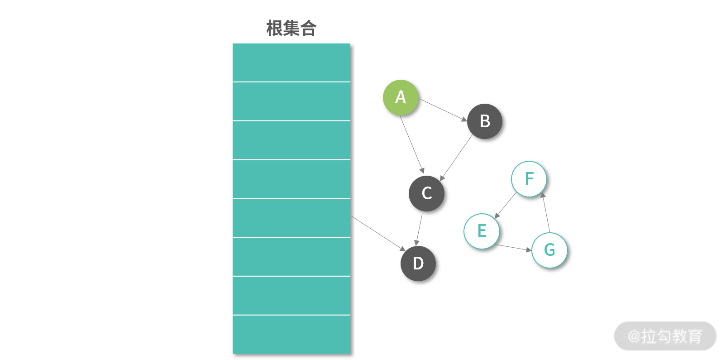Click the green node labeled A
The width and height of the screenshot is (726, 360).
pyautogui.click(x=401, y=97)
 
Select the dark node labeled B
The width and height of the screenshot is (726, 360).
pyautogui.click(x=485, y=121)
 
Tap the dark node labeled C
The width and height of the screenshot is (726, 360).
pyautogui.click(x=426, y=193)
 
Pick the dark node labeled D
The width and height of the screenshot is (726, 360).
pyautogui.click(x=418, y=264)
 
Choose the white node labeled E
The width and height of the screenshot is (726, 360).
pyautogui.click(x=482, y=231)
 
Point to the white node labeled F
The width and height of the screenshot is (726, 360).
pyautogui.click(x=529, y=179)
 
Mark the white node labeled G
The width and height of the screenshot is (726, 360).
pyautogui.click(x=549, y=250)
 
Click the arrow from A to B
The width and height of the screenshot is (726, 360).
pyautogui.click(x=443, y=110)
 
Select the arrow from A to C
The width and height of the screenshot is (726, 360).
pyautogui.click(x=412, y=144)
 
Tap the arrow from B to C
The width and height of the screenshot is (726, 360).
pyautogui.click(x=456, y=158)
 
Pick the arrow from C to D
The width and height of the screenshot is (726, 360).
pyautogui.click(x=419, y=230)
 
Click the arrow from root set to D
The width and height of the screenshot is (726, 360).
pyautogui.click(x=378, y=234)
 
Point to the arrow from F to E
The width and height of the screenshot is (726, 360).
pyautogui.click(x=505, y=205)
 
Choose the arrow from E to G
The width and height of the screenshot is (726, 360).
pyautogui.click(x=513, y=248)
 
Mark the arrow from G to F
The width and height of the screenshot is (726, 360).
pyautogui.click(x=546, y=212)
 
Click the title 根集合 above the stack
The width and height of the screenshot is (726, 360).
pyautogui.click(x=291, y=28)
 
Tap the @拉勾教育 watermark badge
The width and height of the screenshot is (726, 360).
pyautogui.click(x=665, y=336)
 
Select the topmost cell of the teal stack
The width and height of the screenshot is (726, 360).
pyautogui.click(x=291, y=62)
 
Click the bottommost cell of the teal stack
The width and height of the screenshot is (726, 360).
pyautogui.click(x=291, y=334)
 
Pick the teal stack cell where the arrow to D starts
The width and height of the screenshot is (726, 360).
pyautogui.click(x=291, y=218)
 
